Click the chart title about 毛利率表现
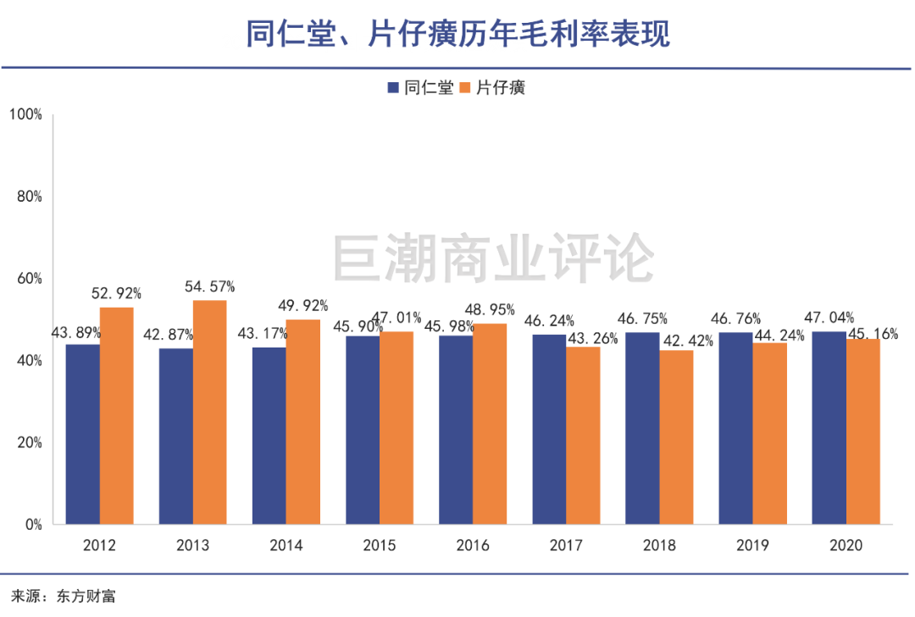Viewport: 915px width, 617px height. [x=457, y=34]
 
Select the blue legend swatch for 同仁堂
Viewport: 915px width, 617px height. [x=393, y=87]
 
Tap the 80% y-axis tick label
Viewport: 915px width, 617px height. [x=29, y=196]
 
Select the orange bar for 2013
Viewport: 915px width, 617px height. [x=209, y=413]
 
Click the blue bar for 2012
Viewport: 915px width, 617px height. [x=83, y=434]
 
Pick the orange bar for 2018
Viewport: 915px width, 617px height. [x=676, y=437]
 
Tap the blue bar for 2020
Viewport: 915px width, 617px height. [x=829, y=428]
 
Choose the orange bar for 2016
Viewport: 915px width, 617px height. [x=490, y=424]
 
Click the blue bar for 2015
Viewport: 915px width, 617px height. [x=363, y=431]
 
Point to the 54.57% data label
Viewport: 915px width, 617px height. [x=210, y=286]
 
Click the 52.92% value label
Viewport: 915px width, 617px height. [x=116, y=294]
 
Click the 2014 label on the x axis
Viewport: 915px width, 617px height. [x=286, y=546]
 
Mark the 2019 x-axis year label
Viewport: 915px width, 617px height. [x=752, y=546]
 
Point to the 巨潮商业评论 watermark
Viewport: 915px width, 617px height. [x=493, y=258]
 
